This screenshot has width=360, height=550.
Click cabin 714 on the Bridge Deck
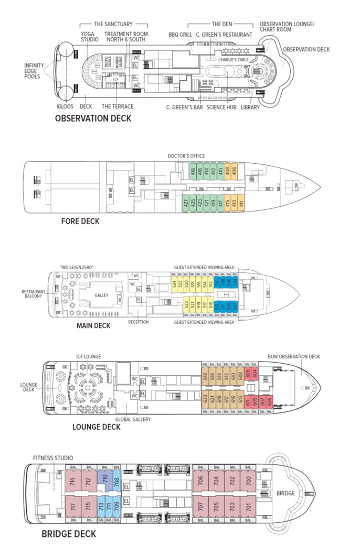72,482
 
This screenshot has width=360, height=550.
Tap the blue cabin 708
117,481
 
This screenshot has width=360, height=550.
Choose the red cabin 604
255,375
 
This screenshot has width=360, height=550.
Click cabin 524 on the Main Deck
174,285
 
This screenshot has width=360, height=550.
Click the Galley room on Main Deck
102,295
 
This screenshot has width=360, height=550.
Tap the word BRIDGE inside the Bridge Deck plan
286,493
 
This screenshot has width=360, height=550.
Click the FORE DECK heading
80,221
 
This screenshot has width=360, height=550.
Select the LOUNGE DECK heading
97,426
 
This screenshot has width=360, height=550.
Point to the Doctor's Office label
186,156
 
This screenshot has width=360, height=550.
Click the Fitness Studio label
53,458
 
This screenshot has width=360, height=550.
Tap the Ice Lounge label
88,357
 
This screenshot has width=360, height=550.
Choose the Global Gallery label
133,419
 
